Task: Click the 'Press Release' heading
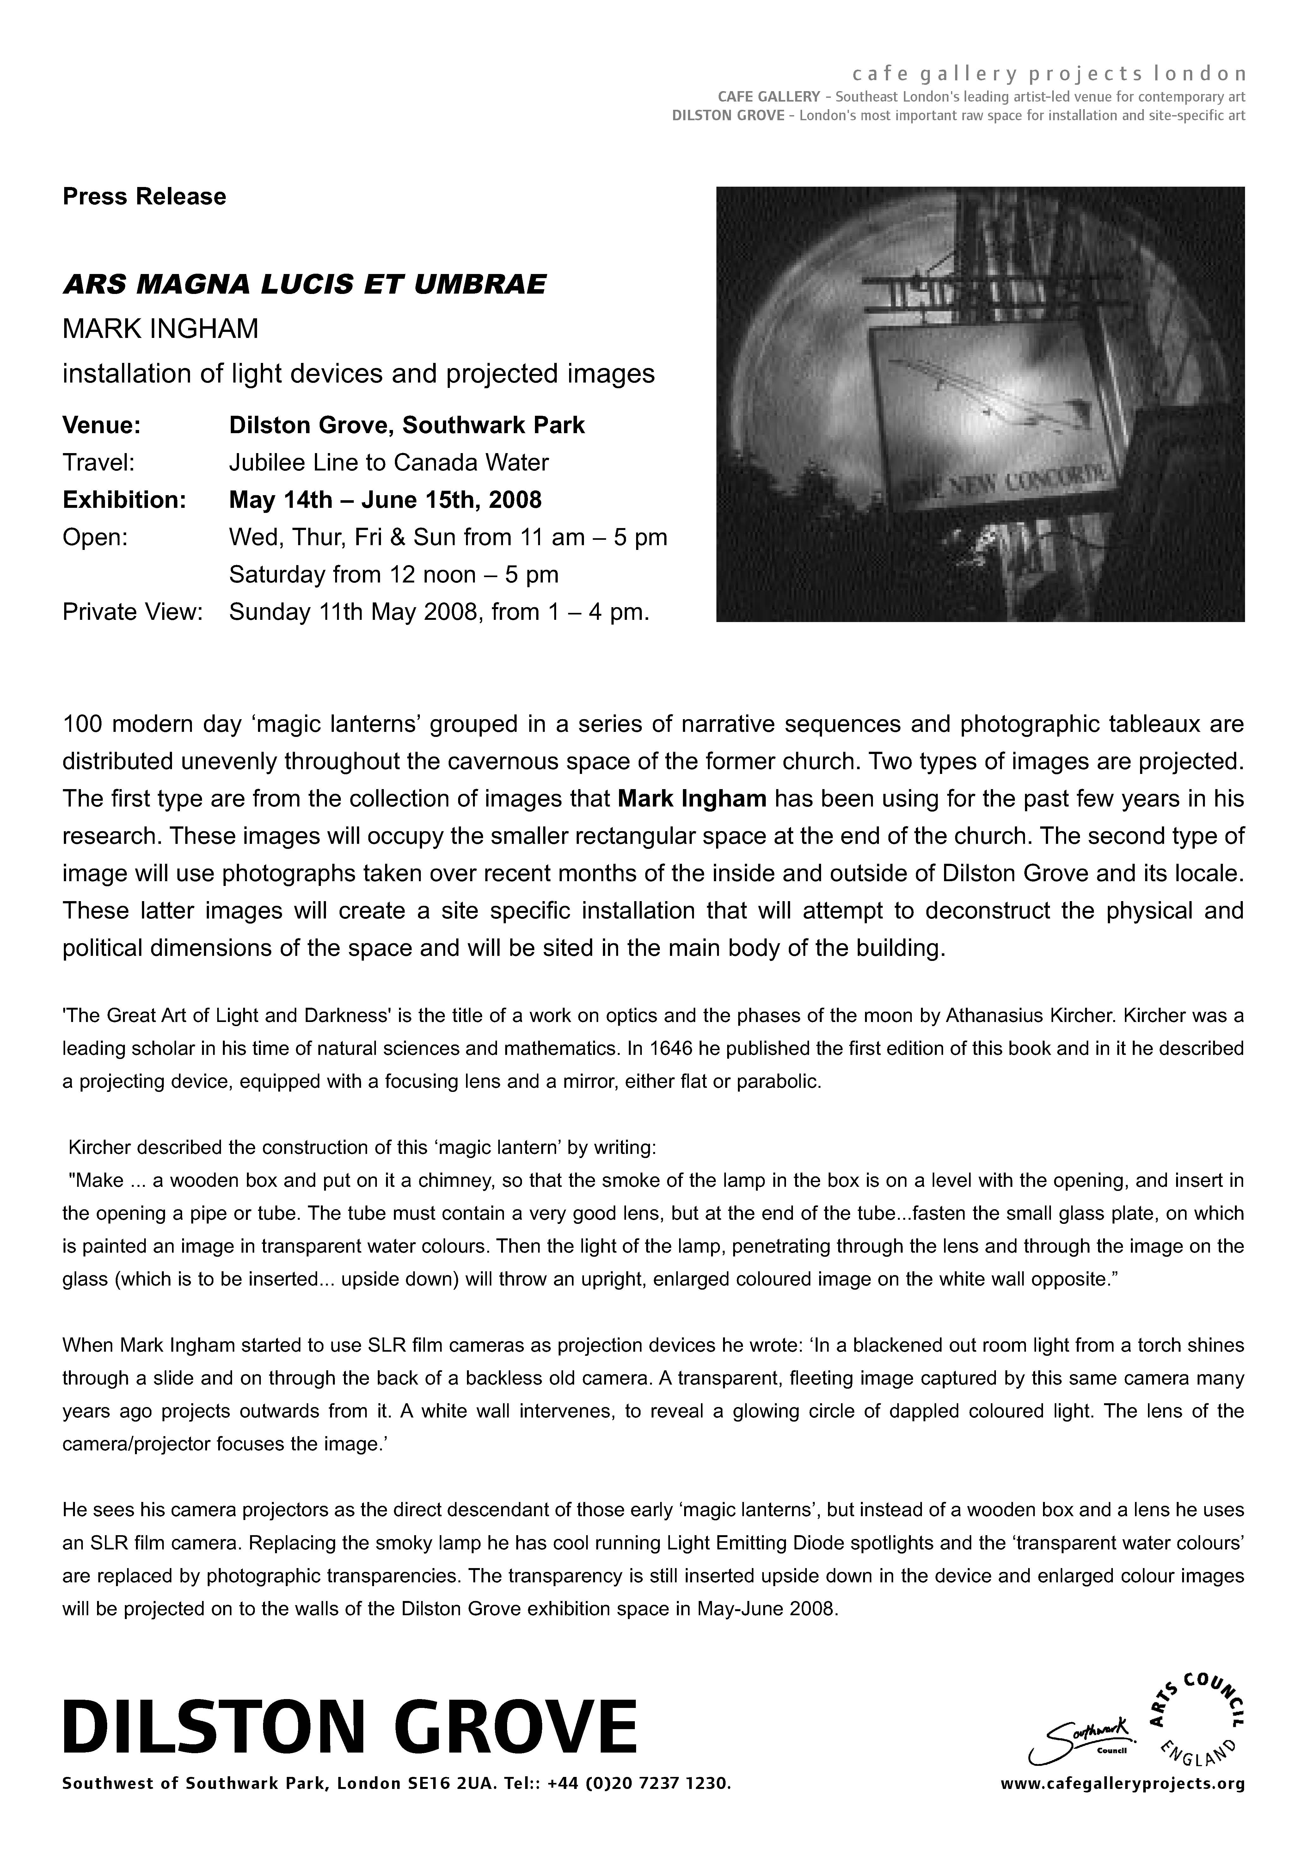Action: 144,196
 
